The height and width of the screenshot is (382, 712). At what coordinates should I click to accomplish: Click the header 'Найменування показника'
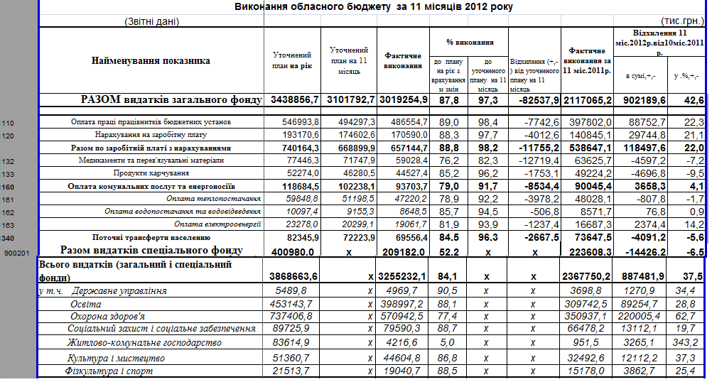point(151,61)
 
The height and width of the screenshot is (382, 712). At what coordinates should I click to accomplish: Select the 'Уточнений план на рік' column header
point(292,60)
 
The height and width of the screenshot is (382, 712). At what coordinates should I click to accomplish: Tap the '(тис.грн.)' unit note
point(682,21)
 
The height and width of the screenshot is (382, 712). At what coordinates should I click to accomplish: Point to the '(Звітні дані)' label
point(151,21)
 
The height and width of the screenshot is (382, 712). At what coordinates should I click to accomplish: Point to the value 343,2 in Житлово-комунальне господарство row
point(686,343)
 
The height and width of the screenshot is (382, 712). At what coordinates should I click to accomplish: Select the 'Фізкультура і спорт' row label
point(109,371)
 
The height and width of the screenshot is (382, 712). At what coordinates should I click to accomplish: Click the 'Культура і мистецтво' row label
point(111,357)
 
